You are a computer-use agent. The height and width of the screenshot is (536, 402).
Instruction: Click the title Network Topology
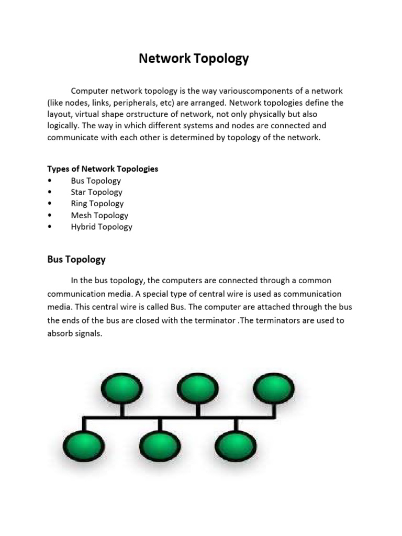(x=194, y=59)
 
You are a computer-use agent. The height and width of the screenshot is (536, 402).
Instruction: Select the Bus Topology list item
(x=96, y=181)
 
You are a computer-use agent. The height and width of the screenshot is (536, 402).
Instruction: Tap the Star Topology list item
(x=96, y=192)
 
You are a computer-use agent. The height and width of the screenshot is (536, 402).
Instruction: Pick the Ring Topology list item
(x=97, y=204)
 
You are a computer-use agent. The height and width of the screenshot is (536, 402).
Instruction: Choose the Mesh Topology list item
(x=99, y=215)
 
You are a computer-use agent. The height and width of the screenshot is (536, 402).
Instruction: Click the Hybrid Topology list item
(x=102, y=227)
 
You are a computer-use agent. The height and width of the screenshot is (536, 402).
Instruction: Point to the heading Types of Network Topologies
(x=103, y=169)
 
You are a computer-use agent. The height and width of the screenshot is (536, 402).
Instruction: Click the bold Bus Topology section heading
(x=76, y=259)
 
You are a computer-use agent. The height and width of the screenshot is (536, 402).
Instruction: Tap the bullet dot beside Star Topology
(x=49, y=192)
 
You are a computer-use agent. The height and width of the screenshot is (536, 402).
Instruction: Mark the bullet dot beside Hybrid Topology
(x=49, y=227)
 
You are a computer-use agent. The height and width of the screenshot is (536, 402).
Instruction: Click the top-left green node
(x=121, y=389)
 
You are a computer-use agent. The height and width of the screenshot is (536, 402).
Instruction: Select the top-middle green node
(x=198, y=389)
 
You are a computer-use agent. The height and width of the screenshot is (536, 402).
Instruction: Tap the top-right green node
(x=274, y=389)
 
